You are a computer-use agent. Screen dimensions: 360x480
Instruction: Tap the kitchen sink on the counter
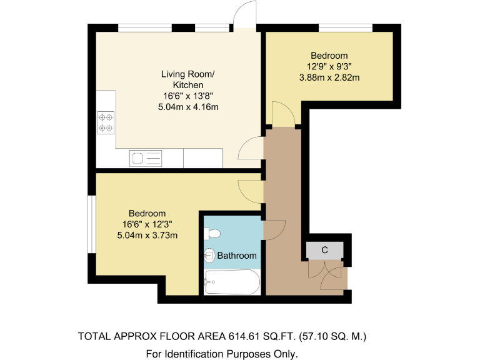[144, 158]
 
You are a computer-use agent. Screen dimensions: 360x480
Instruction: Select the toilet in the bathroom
[212, 234]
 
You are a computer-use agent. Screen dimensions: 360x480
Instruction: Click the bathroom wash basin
[210, 255]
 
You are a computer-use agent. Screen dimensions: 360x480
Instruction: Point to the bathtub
[231, 282]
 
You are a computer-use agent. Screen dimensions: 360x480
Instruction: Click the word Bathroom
[237, 256]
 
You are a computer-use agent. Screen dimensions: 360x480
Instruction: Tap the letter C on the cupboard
[324, 250]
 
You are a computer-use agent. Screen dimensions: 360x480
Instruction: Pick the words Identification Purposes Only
[242, 354]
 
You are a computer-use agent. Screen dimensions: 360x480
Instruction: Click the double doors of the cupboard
[326, 274]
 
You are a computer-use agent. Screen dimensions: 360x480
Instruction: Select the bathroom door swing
[274, 230]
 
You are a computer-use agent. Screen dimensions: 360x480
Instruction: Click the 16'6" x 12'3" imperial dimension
[148, 224]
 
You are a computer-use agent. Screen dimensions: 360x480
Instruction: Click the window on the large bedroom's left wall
[91, 224]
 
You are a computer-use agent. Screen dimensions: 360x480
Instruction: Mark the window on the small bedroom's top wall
[346, 27]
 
